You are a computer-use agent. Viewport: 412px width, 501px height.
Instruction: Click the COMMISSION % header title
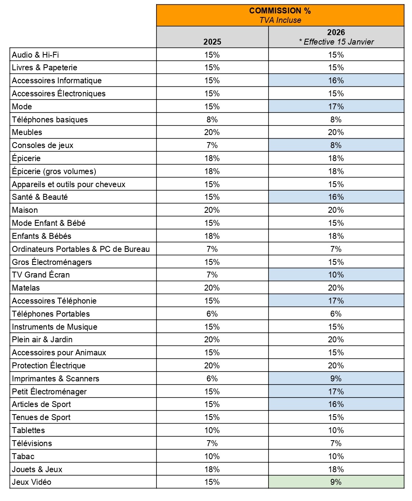click(280, 11)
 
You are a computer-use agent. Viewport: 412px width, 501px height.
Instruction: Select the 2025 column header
click(212, 41)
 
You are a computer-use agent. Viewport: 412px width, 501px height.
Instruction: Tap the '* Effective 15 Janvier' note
click(336, 42)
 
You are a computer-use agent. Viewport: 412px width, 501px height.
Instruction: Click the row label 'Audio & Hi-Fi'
click(35, 55)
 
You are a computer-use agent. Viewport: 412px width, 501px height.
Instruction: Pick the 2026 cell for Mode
click(336, 107)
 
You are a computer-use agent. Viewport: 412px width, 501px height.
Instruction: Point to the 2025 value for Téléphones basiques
click(212, 120)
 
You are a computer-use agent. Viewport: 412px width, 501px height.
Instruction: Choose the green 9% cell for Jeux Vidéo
click(336, 482)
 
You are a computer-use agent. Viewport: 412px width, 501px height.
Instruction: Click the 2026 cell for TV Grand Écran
click(336, 275)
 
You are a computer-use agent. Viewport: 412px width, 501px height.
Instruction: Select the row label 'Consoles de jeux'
click(43, 145)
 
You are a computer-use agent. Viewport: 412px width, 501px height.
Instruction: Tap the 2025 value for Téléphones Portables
click(212, 314)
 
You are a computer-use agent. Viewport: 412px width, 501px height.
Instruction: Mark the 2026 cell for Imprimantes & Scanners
click(336, 379)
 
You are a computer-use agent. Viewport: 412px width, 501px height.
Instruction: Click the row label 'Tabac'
click(23, 456)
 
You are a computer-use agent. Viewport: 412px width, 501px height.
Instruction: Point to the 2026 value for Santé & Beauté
click(336, 197)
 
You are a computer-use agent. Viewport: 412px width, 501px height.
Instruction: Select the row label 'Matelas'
click(26, 288)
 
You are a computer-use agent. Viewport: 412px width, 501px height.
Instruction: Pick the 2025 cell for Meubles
click(212, 132)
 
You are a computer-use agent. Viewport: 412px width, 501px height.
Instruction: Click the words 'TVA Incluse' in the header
click(280, 20)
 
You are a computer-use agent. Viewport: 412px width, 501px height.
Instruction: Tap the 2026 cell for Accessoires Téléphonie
click(336, 301)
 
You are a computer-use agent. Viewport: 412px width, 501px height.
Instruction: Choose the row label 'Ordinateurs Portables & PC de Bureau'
click(81, 249)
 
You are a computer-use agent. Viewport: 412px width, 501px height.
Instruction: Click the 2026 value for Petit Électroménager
click(336, 392)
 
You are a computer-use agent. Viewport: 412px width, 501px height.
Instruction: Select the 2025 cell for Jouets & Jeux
click(212, 469)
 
